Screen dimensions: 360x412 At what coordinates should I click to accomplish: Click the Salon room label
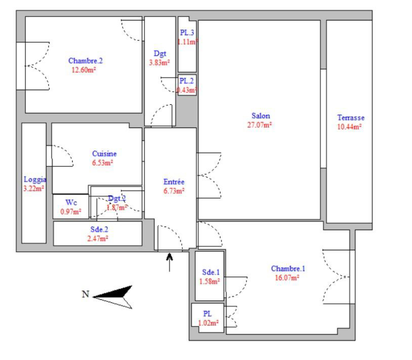[260, 116]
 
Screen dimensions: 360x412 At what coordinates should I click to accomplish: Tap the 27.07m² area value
[260, 125]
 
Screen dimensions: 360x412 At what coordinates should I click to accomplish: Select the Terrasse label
[350, 118]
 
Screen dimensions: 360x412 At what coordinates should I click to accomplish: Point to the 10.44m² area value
[350, 127]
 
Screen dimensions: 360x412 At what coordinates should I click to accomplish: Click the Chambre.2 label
[85, 61]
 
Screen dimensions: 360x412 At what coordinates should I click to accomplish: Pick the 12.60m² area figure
[83, 69]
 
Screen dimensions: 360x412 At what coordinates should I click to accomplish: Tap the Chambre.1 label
[288, 269]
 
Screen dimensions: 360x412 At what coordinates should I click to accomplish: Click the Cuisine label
[104, 154]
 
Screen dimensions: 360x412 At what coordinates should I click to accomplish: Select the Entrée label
[174, 182]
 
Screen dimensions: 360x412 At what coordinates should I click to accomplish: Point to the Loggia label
[34, 179]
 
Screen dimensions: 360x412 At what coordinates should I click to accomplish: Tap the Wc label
[71, 203]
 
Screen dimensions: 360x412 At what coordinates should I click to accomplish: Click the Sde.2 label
[99, 229]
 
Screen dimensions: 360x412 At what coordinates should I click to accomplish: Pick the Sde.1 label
[210, 272]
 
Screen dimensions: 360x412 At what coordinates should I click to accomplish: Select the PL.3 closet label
[187, 33]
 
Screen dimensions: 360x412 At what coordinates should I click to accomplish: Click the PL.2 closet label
[187, 81]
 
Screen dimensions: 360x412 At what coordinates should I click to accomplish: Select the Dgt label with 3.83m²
[160, 54]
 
